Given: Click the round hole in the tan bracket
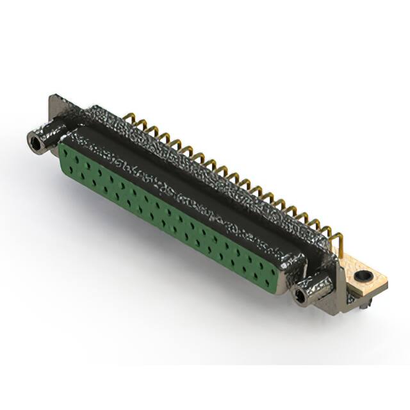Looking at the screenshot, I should tap(365, 277).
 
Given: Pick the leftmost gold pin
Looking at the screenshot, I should tap(132, 118).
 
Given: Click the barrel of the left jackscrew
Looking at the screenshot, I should tap(48, 138).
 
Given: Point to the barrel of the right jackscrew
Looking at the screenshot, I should tap(314, 288).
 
